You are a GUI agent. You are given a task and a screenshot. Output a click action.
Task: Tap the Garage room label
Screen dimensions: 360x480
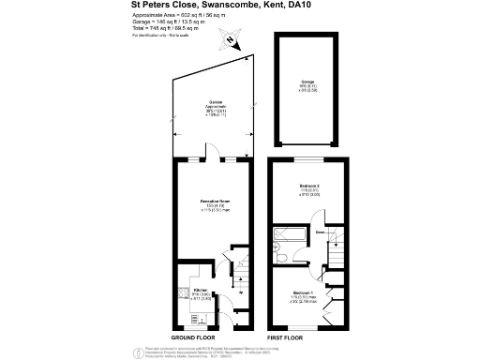pos(307,83)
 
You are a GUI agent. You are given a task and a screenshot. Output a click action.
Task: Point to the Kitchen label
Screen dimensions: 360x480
pos(201,291)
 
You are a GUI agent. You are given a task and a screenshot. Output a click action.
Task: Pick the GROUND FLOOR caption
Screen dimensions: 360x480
pos(196,337)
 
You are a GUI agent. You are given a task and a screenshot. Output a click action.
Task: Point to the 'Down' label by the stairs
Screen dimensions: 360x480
pos(320,232)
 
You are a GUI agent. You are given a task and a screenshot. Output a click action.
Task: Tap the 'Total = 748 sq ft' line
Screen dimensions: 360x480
pos(180,30)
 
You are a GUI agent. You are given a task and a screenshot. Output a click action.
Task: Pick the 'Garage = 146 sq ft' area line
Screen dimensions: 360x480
pos(179,23)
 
